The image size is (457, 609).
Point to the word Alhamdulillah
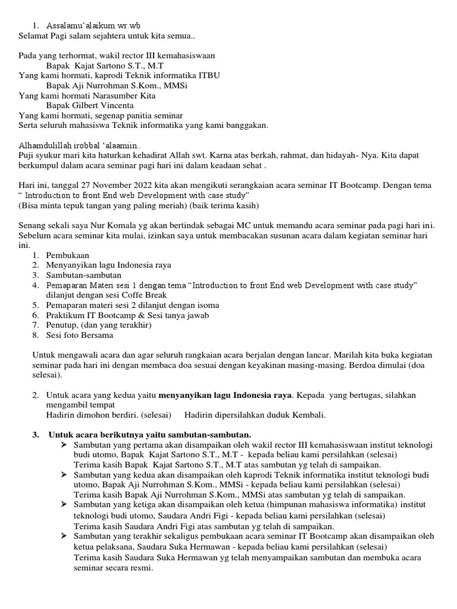[x=45, y=145]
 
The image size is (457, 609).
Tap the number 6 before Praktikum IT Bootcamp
[x=36, y=315]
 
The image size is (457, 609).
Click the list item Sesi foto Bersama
[x=80, y=335]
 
